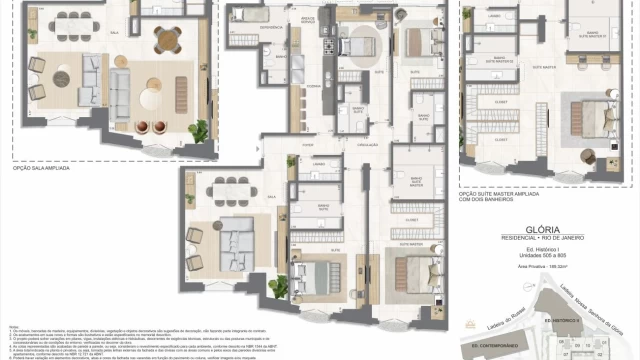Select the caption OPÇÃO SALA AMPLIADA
click(x=46, y=169)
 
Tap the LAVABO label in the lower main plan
click(x=317, y=163)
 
